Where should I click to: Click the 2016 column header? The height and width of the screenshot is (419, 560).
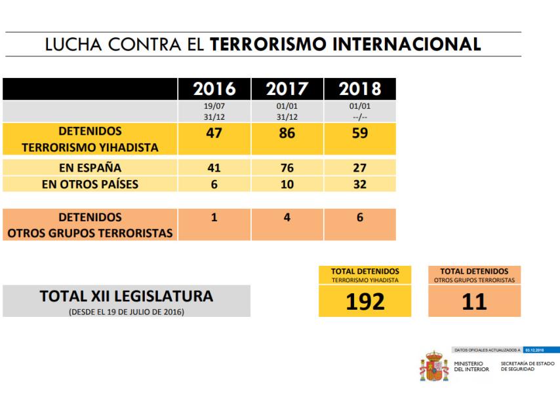(214, 89)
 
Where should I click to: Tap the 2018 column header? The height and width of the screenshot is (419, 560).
(360, 89)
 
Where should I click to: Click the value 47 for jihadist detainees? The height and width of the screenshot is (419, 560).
(214, 133)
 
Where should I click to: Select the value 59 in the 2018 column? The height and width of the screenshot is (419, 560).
(360, 133)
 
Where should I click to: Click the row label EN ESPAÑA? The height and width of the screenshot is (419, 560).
(90, 167)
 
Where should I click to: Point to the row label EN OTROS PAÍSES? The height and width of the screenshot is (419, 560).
(90, 184)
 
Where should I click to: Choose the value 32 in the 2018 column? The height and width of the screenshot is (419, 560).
(360, 184)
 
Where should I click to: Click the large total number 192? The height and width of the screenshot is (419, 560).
(365, 301)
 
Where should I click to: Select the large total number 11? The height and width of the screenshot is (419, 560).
(474, 301)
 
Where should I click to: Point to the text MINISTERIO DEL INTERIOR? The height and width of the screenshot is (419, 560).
(471, 366)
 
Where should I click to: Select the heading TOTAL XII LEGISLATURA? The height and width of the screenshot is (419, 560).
(127, 297)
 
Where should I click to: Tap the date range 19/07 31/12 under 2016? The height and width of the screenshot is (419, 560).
(214, 111)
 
